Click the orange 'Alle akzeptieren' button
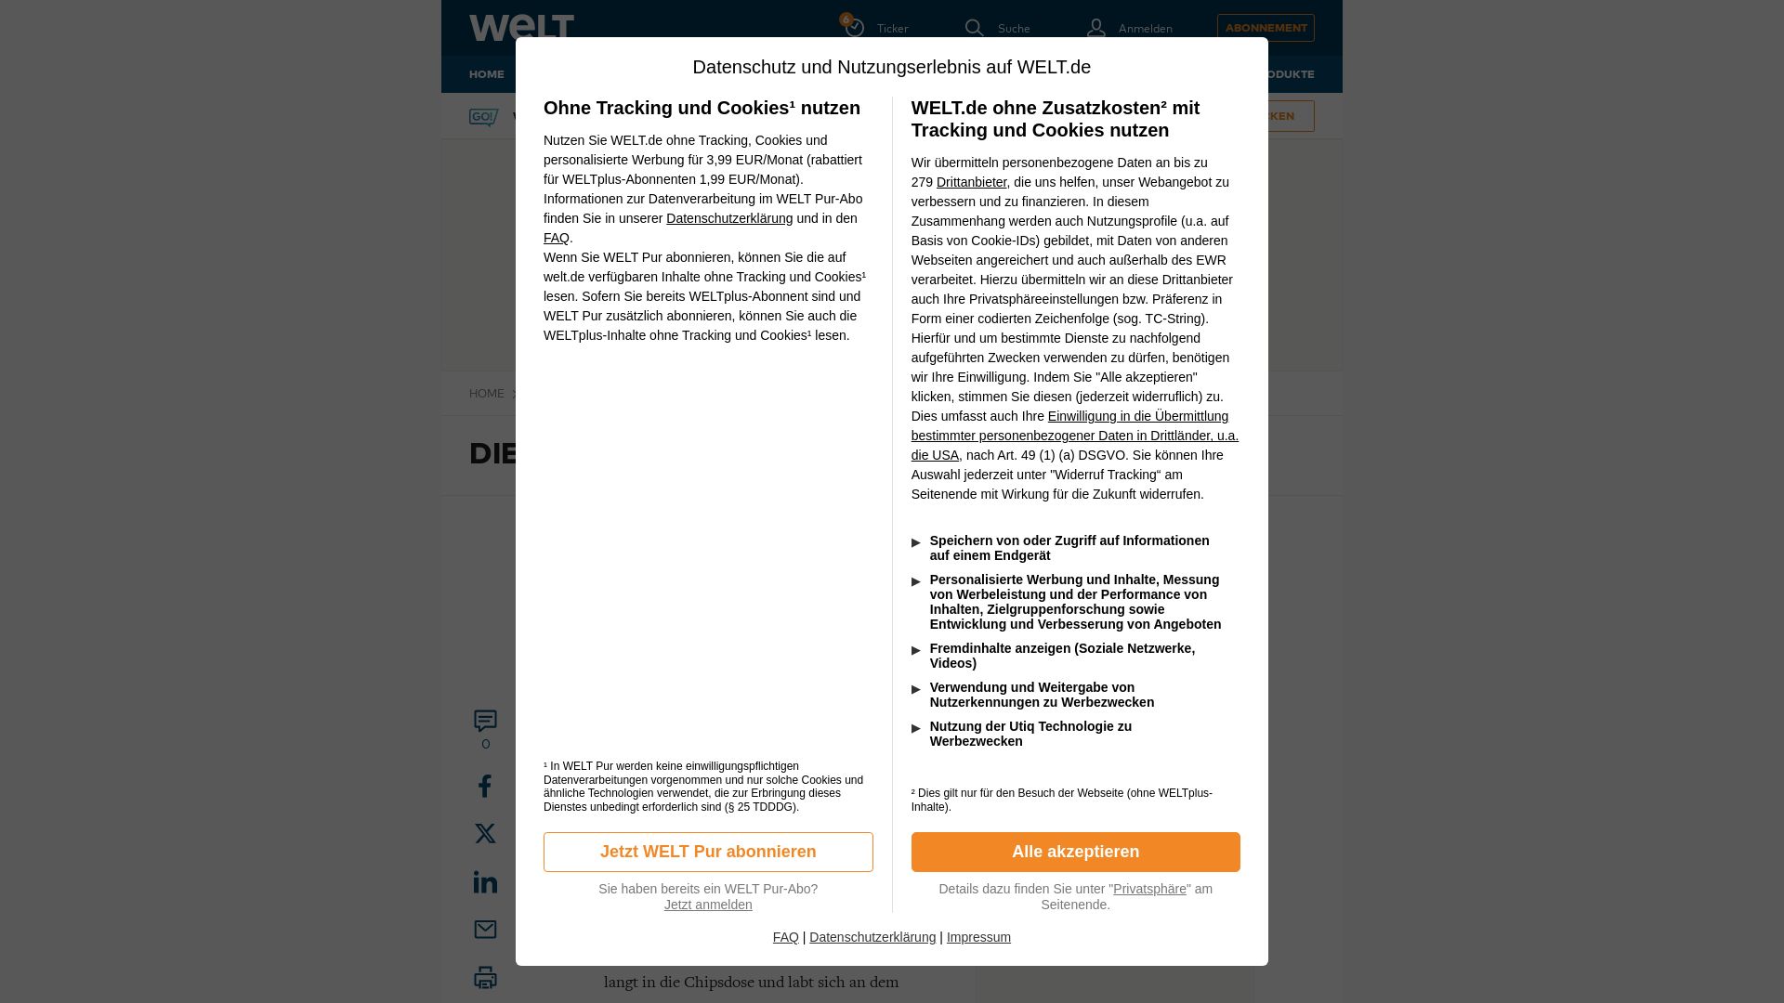(x=1075, y=852)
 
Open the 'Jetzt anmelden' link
(x=708, y=905)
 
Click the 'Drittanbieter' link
(x=971, y=182)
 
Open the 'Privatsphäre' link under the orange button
(x=1149, y=889)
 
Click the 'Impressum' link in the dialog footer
(x=978, y=937)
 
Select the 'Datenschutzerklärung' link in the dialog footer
(x=872, y=937)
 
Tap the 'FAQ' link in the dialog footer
(x=785, y=937)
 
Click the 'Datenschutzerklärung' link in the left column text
(x=729, y=218)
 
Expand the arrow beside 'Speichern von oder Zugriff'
(x=916, y=542)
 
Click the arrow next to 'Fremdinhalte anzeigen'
(x=916, y=650)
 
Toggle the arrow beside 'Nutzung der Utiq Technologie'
(x=916, y=728)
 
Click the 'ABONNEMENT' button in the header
(x=1266, y=28)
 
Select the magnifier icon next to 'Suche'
(x=974, y=28)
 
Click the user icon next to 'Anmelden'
(x=1096, y=28)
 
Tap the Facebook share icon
(x=485, y=787)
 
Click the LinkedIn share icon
(x=485, y=881)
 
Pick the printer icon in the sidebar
(x=485, y=977)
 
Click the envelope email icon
(x=485, y=930)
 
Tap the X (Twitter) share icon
(x=485, y=833)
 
